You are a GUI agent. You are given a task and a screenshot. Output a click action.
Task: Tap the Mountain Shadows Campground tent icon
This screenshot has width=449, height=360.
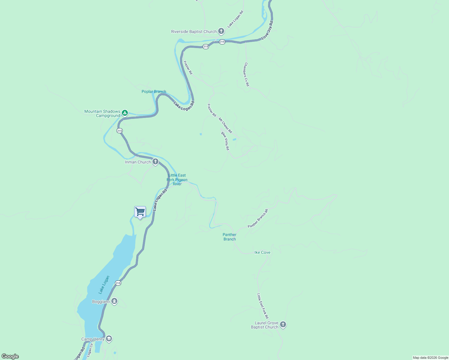(125, 113)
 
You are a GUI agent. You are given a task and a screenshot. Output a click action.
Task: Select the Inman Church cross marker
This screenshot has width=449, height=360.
(155, 162)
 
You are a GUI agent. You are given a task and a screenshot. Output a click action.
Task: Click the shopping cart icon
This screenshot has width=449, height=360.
(140, 212)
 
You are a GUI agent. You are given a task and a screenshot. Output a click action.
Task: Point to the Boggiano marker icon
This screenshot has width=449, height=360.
(114, 301)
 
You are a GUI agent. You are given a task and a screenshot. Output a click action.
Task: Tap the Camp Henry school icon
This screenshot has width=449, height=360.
(109, 339)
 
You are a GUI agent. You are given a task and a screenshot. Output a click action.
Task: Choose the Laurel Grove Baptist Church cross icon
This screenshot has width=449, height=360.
(283, 325)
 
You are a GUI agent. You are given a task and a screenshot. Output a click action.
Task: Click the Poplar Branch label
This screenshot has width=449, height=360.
(154, 91)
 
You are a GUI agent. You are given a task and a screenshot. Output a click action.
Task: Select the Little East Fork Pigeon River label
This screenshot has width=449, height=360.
(177, 179)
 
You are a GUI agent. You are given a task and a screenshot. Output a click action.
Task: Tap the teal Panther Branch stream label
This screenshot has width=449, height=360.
(230, 237)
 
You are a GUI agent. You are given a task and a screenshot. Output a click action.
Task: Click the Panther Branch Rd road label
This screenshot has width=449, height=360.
(258, 218)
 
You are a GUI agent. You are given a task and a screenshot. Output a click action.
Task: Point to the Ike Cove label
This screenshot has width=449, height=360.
(262, 252)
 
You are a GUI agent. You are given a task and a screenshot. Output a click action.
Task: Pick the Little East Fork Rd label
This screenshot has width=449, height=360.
(263, 306)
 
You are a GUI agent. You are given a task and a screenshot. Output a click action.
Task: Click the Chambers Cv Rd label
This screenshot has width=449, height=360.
(246, 74)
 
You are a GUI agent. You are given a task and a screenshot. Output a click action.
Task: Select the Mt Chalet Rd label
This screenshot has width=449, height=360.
(225, 125)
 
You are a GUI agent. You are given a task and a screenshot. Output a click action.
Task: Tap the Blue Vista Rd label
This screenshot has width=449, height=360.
(225, 141)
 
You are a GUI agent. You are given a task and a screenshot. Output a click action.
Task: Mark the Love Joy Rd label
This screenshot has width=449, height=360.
(267, 30)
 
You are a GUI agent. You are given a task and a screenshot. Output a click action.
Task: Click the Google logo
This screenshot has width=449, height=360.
(10, 356)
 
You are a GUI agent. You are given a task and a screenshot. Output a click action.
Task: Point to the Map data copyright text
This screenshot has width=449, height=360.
(430, 358)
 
